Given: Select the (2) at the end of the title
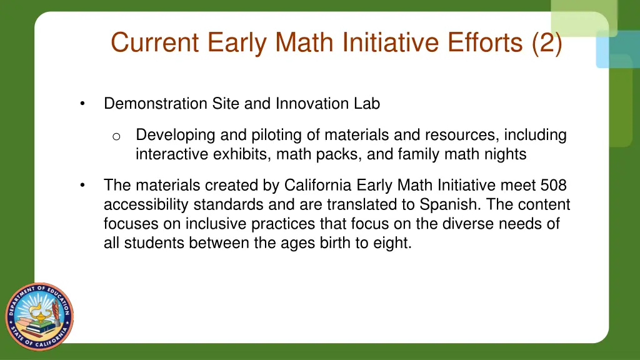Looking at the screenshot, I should click(x=547, y=42).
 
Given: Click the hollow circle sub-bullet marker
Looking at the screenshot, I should click(x=116, y=136).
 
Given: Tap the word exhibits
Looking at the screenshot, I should click(x=237, y=154).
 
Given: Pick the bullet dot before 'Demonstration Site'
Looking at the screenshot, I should click(x=82, y=104).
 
